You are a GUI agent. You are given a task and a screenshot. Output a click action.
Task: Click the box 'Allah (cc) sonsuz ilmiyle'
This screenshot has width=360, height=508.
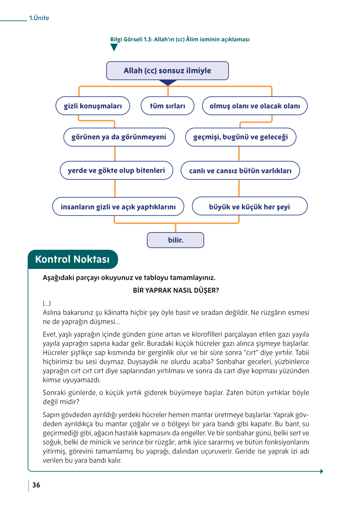click(x=167, y=71)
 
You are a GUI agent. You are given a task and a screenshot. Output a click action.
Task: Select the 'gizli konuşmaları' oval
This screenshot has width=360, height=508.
click(x=93, y=106)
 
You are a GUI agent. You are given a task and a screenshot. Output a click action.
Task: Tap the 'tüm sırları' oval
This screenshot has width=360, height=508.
click(x=167, y=106)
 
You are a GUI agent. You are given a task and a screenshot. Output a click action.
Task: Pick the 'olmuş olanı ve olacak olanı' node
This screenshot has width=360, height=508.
click(x=255, y=106)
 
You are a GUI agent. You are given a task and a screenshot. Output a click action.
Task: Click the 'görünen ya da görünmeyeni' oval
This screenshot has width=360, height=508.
click(x=118, y=137)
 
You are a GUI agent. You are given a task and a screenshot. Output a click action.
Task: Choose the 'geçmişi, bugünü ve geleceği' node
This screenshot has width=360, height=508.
click(x=241, y=137)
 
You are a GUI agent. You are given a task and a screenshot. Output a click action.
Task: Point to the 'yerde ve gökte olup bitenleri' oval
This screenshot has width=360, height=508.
click(x=116, y=170)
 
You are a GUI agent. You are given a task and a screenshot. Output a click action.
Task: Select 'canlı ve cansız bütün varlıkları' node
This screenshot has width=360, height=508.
click(x=240, y=170)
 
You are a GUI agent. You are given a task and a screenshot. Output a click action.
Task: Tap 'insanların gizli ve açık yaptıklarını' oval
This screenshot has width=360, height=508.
click(x=118, y=206)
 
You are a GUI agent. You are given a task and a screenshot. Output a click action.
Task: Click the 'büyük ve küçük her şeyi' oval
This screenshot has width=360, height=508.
click(x=249, y=206)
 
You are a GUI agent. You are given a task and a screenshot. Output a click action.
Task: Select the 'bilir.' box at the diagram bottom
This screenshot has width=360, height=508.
click(x=175, y=240)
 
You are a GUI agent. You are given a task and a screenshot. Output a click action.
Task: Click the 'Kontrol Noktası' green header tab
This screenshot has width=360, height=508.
click(x=73, y=259)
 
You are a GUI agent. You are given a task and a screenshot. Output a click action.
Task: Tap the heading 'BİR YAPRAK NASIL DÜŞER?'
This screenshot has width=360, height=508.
click(x=176, y=290)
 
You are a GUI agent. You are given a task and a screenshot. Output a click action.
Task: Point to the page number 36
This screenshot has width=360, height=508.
click(x=36, y=485)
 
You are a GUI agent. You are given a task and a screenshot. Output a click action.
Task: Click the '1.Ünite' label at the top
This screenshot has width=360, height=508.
click(x=39, y=18)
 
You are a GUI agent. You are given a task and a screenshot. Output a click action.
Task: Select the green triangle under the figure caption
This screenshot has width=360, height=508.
click(x=114, y=48)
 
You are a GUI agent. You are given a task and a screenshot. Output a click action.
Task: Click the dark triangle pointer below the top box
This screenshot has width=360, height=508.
click(x=168, y=83)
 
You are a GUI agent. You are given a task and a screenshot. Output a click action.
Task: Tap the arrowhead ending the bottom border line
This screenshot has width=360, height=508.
click(x=322, y=471)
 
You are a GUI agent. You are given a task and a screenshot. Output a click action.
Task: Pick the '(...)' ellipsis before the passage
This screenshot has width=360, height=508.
click(x=47, y=303)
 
